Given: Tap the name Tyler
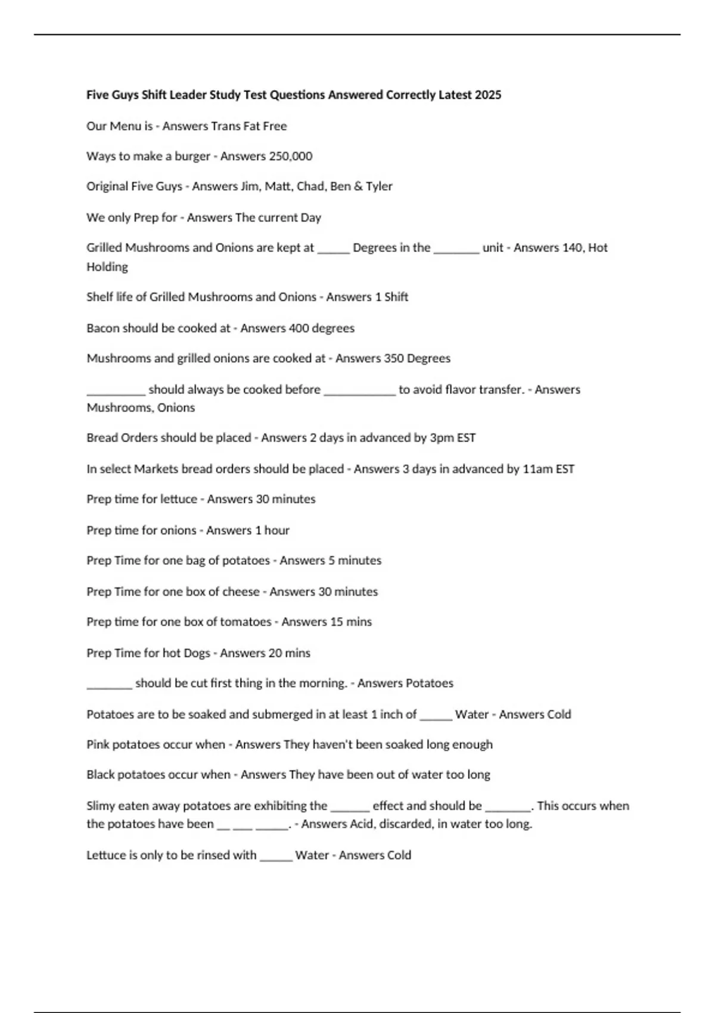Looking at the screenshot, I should tap(380, 187).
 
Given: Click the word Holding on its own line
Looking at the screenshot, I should tap(107, 267).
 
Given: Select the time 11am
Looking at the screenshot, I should tap(537, 469).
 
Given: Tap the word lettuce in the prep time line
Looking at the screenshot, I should tap(179, 499).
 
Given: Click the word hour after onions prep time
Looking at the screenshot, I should tap(276, 530).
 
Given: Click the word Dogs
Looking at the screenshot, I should tap(197, 653).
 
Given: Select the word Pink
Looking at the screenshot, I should tap(98, 745).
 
